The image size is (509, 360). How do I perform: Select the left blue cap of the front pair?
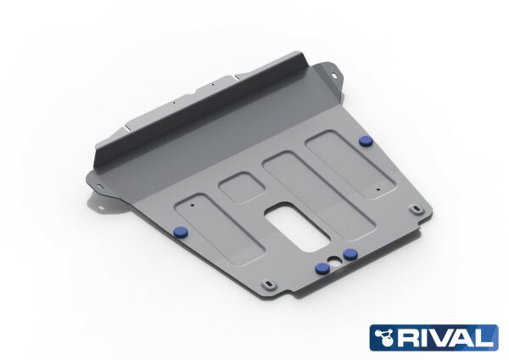pos(323,267)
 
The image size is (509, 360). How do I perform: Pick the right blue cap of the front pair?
pos(350,254)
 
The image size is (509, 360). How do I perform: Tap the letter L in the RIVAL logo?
pos(485,338)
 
